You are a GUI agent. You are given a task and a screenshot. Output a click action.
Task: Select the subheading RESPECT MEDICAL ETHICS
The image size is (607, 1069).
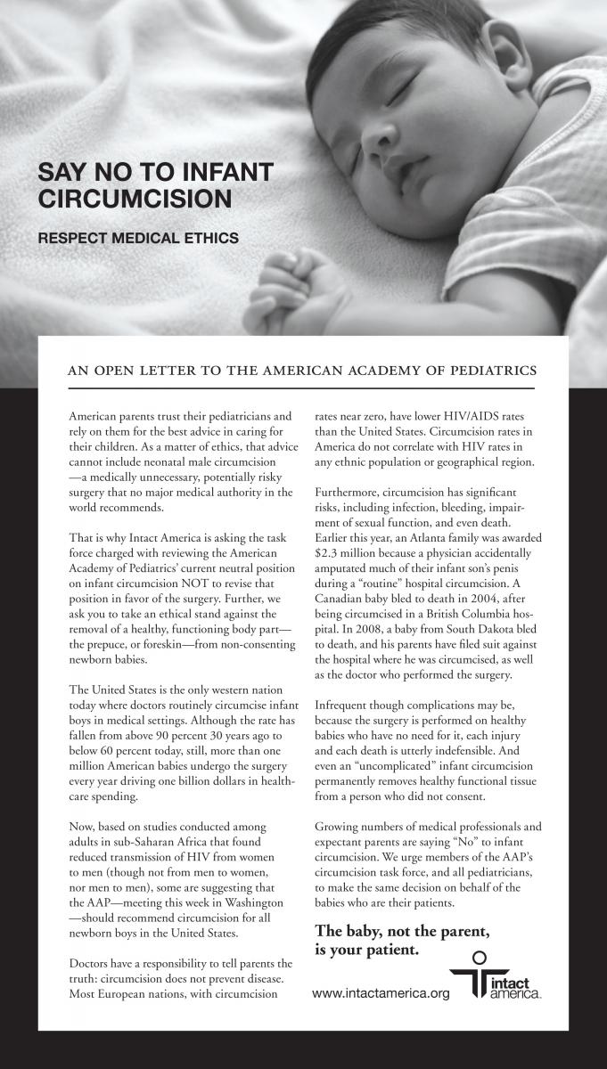click(138, 238)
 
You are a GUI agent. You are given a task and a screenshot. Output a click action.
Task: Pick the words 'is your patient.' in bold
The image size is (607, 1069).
click(366, 950)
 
